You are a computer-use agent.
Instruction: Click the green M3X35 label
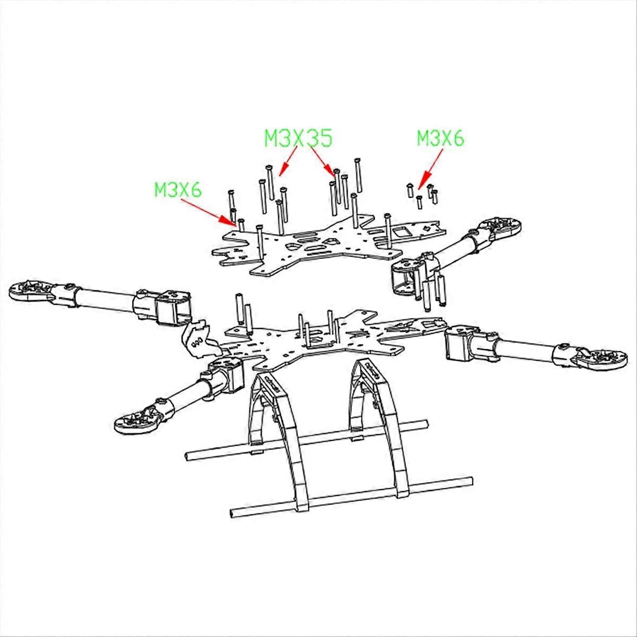(x=298, y=138)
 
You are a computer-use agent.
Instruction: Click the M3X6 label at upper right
(x=440, y=138)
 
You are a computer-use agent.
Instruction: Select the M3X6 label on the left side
(x=178, y=190)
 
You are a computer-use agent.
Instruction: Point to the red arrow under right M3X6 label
(x=430, y=169)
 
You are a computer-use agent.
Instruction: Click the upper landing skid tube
(x=307, y=440)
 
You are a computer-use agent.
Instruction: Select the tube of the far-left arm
(x=106, y=300)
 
